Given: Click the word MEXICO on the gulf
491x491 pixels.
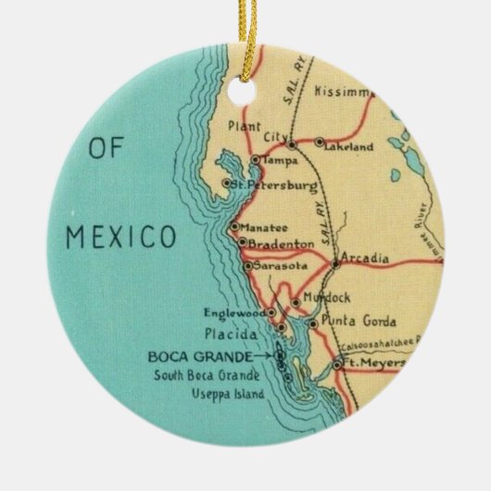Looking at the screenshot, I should coord(120,236).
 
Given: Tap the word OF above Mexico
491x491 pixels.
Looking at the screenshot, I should coord(108,149).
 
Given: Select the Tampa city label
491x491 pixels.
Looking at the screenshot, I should coord(281,160).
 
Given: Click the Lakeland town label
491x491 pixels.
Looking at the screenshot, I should coord(350,145).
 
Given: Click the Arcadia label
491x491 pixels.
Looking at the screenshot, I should coord(364,258).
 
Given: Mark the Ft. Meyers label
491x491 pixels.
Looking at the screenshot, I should coord(373,363).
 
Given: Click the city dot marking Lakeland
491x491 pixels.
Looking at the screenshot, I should coord(320,144).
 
